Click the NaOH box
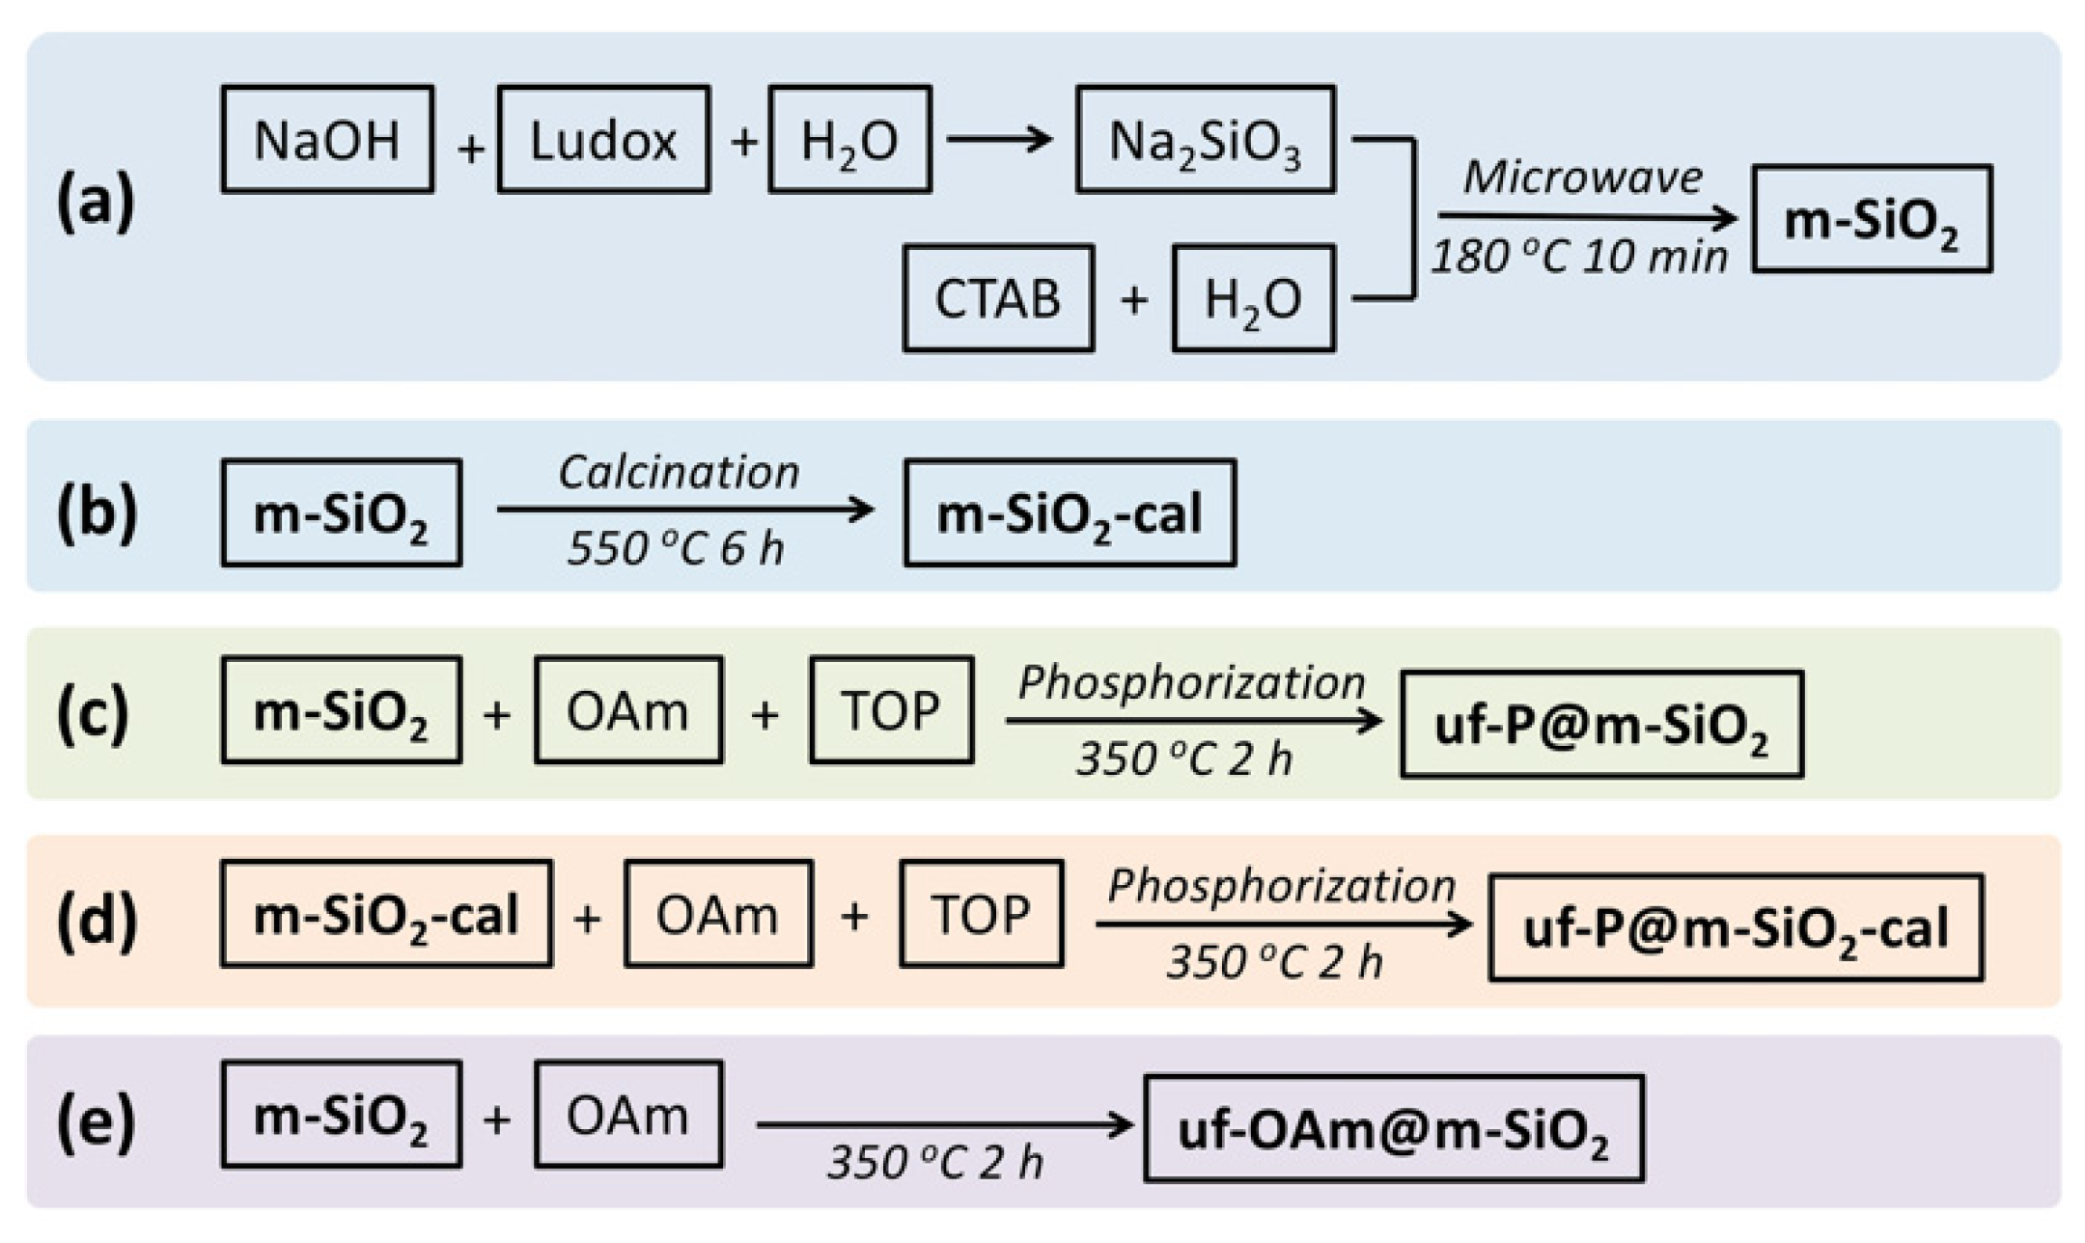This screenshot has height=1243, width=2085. pyautogui.click(x=327, y=140)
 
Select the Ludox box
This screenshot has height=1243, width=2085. pyautogui.click(x=603, y=140)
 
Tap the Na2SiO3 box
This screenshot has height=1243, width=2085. pyautogui.click(x=1206, y=140)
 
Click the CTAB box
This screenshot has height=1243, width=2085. pyautogui.click(x=998, y=298)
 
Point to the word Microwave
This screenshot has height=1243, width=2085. pyautogui.click(x=1583, y=178)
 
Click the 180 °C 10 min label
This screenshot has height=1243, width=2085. pyautogui.click(x=1579, y=257)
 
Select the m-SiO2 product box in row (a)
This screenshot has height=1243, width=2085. pyautogui.click(x=1872, y=219)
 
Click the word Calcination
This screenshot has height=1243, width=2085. pyautogui.click(x=680, y=472)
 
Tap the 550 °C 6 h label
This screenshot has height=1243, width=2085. pyautogui.click(x=676, y=548)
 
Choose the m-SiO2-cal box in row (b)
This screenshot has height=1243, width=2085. pyautogui.click(x=1070, y=512)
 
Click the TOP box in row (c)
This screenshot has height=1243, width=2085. pyautogui.click(x=891, y=710)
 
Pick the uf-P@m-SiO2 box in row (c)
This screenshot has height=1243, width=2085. pyautogui.click(x=1601, y=724)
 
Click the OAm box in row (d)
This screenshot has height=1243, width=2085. pyautogui.click(x=718, y=914)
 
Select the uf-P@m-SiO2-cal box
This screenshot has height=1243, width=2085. pyautogui.click(x=1736, y=927)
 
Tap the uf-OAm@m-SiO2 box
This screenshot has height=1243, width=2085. pyautogui.click(x=1393, y=1128)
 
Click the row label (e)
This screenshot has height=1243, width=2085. pyautogui.click(x=95, y=1121)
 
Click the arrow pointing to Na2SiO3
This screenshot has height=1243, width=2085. pyautogui.click(x=999, y=140)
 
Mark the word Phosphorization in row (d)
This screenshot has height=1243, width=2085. pyautogui.click(x=1282, y=885)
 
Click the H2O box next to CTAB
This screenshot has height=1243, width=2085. pyautogui.click(x=1253, y=298)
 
